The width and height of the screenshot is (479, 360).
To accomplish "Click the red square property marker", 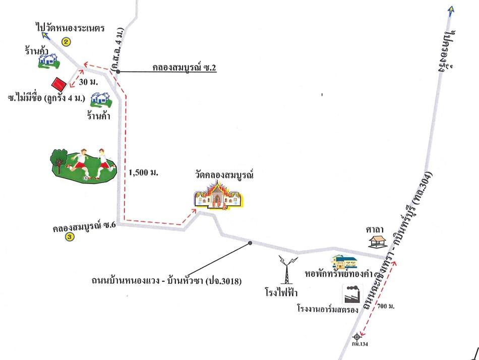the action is [x=58, y=83].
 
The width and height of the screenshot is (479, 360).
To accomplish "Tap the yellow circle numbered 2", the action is [x=66, y=41].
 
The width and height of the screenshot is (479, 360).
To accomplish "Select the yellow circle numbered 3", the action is [x=70, y=236].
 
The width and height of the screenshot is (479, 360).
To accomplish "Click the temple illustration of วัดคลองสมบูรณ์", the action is [x=218, y=195].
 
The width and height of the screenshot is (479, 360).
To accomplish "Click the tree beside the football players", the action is [x=59, y=159].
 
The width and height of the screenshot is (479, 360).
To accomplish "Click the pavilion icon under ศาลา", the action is [x=377, y=241].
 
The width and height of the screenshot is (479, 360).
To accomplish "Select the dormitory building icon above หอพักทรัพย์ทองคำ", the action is [x=345, y=262].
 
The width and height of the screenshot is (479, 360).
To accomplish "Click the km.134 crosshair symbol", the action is [x=356, y=337].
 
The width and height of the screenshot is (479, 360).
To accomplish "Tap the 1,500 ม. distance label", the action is [x=143, y=172].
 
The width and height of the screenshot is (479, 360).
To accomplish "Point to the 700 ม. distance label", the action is [x=386, y=306].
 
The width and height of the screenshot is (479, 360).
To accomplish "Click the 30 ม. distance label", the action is [x=88, y=82].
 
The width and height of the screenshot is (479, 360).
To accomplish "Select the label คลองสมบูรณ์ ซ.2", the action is [x=184, y=67].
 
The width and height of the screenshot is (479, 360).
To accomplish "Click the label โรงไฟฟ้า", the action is [x=281, y=292].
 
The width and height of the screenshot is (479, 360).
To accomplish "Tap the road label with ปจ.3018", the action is [x=166, y=280].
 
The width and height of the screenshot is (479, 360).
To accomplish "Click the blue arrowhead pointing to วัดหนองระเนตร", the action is [x=46, y=36].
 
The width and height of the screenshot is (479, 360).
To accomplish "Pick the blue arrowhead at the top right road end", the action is [x=451, y=9].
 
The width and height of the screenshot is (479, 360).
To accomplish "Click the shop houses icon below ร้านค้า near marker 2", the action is [x=49, y=61].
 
